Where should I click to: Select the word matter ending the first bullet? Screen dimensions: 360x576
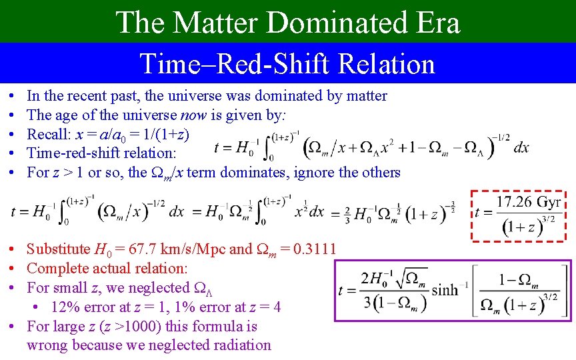click(365, 95)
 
